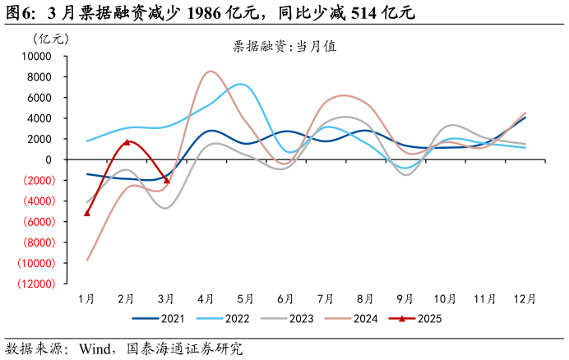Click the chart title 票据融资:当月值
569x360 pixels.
284,47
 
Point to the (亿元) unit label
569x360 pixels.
52,38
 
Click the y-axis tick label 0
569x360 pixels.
49,159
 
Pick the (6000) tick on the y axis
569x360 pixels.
36,222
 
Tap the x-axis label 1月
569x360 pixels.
86,298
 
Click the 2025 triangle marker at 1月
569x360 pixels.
87,213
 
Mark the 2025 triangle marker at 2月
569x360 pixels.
127,141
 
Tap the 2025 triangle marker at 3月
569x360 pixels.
166,180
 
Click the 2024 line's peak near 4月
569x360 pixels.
211,72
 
